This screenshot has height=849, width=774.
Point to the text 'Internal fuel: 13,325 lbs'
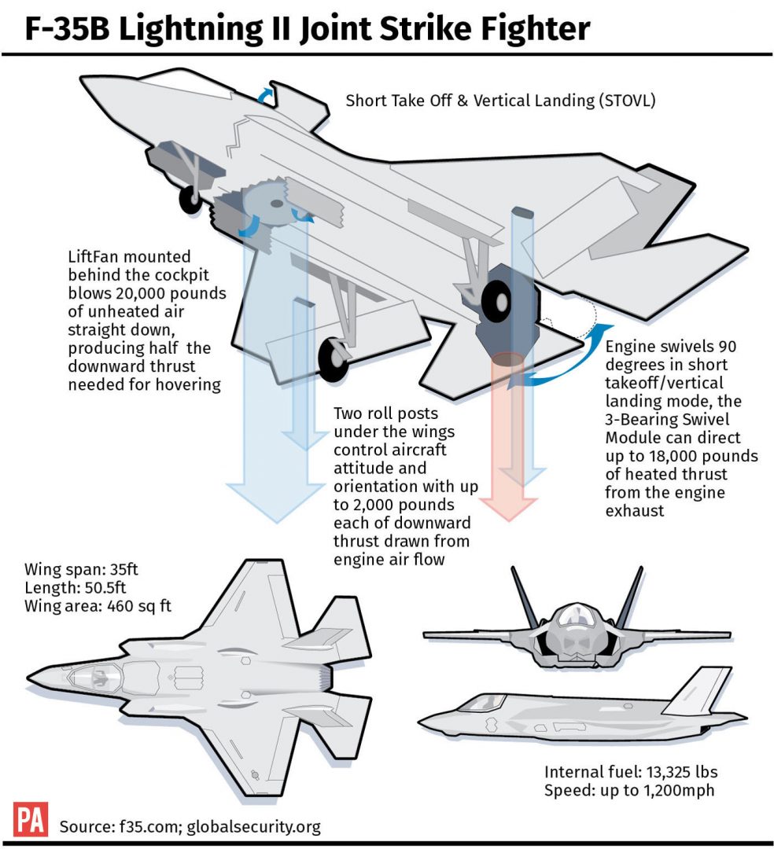point(631,771)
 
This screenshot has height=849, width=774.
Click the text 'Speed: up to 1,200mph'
point(629,789)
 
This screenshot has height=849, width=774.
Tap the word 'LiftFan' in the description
point(95,257)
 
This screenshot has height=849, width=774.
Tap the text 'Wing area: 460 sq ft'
point(98,606)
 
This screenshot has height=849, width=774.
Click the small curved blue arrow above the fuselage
point(269,94)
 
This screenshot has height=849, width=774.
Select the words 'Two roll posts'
point(385,414)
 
